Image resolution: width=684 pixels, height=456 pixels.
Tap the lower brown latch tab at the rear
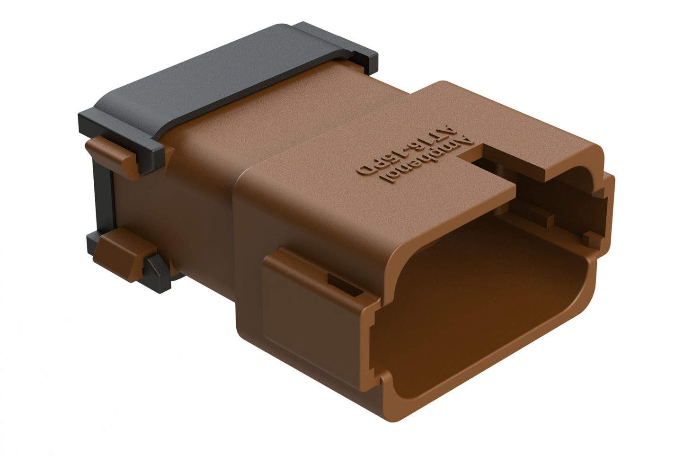pyautogui.click(x=121, y=253)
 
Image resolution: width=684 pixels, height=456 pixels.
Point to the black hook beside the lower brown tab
pyautogui.click(x=159, y=272)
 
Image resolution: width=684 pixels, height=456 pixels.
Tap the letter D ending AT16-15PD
pyautogui.click(x=365, y=169)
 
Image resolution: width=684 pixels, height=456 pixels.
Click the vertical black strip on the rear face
pyautogui.click(x=102, y=204)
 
